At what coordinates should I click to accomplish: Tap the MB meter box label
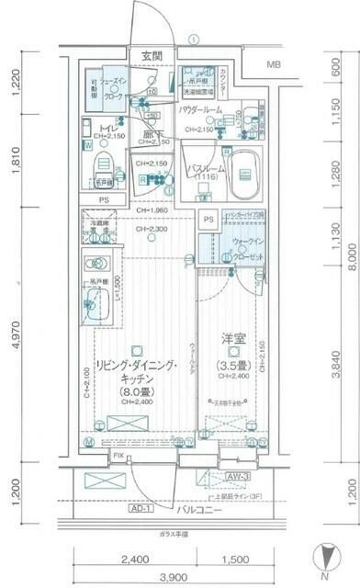pyautogui.click(x=274, y=64)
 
